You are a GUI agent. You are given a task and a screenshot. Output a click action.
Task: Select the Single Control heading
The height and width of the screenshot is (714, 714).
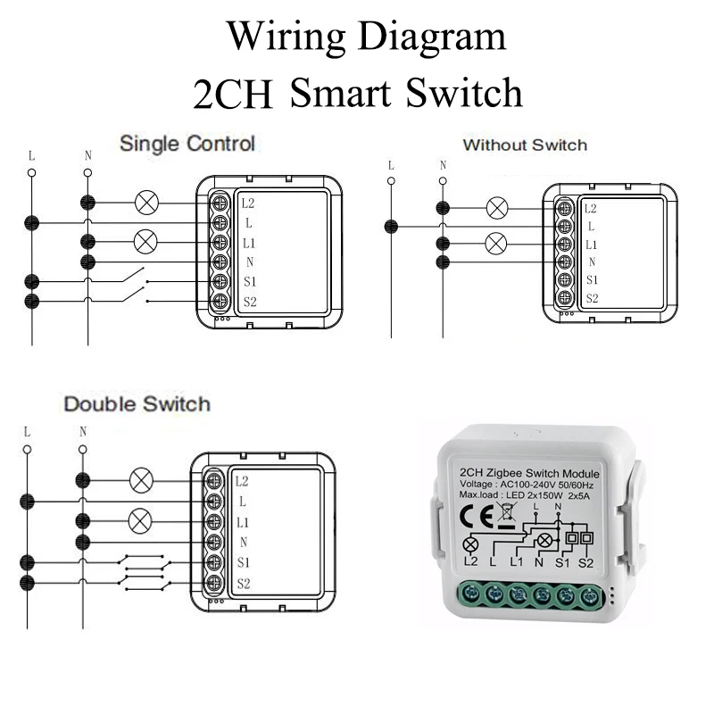click(187, 143)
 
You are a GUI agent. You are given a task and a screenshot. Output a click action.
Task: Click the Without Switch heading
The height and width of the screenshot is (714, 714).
click(525, 145)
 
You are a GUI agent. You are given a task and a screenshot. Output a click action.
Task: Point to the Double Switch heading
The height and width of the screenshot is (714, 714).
click(137, 404)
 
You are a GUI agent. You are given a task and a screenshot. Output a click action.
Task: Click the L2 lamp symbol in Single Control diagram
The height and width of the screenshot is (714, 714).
click(145, 203)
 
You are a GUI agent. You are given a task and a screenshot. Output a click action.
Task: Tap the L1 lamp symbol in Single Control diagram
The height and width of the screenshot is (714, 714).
click(145, 241)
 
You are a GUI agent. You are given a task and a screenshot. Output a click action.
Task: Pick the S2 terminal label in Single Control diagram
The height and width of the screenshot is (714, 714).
click(249, 302)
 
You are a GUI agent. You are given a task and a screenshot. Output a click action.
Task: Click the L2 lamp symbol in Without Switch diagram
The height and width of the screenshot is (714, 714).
click(496, 208)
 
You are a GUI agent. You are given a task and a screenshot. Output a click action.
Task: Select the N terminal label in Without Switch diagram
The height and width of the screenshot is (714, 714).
click(591, 262)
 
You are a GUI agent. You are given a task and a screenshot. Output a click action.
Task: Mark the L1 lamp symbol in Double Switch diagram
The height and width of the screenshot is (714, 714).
click(140, 519)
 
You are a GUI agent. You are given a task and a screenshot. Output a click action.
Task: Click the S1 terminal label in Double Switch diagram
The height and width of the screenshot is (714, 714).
click(243, 561)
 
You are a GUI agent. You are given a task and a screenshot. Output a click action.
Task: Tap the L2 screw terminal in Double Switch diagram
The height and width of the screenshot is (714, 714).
click(214, 479)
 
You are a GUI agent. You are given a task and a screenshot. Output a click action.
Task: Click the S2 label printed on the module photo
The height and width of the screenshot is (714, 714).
click(586, 562)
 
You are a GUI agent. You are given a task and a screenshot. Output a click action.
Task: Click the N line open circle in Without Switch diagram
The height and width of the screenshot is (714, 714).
click(442, 181)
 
